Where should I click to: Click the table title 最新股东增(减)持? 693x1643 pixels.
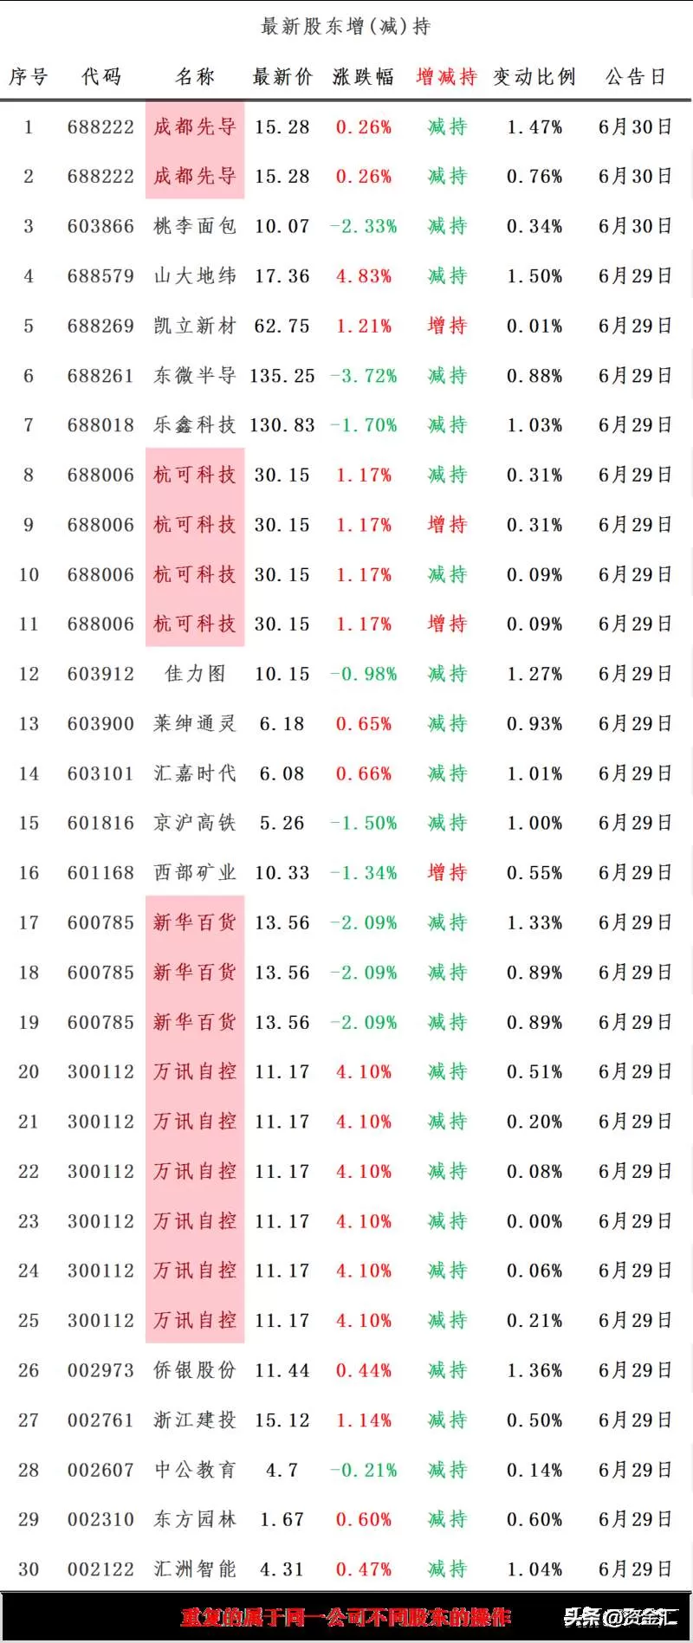[346, 26]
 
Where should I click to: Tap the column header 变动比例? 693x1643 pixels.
[534, 77]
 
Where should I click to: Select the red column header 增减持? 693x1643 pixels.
[446, 77]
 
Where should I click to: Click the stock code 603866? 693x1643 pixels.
[100, 227]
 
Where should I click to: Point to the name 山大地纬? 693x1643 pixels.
[195, 276]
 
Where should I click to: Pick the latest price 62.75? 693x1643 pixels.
[282, 327]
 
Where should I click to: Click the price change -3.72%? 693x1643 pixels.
[364, 376]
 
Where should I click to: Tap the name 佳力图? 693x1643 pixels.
[195, 674]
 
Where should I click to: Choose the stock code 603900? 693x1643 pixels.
[100, 724]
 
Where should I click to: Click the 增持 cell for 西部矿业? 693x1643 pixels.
[447, 873]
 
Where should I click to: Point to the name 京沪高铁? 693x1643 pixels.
[195, 823]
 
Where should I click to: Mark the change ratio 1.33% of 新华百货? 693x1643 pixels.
[534, 923]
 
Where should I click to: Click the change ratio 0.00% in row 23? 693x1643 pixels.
[534, 1221]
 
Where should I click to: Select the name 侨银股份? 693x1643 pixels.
[195, 1370]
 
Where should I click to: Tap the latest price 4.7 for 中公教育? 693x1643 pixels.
[282, 1470]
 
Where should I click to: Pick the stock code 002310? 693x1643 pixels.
[100, 1520]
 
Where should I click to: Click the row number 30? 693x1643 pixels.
[29, 1569]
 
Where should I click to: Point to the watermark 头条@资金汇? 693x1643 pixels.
[620, 1617]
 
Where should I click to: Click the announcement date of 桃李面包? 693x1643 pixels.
[635, 227]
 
